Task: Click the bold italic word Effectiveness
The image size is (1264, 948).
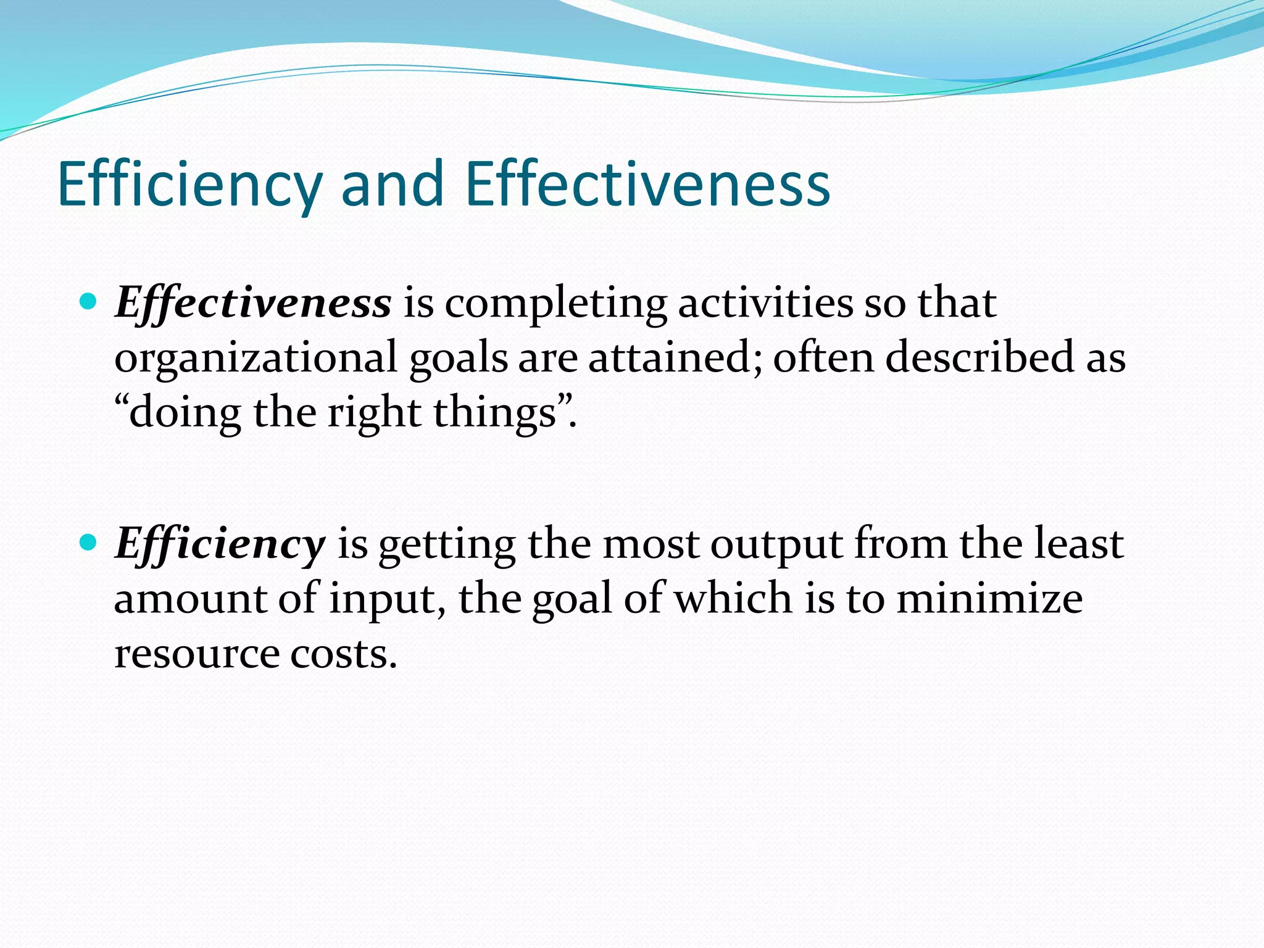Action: (253, 303)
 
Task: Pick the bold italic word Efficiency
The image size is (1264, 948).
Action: (220, 544)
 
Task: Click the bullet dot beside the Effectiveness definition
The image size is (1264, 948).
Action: (89, 302)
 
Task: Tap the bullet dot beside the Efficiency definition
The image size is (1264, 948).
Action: (89, 543)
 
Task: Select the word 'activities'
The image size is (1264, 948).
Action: (765, 303)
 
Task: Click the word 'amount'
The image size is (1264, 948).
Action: (191, 599)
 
